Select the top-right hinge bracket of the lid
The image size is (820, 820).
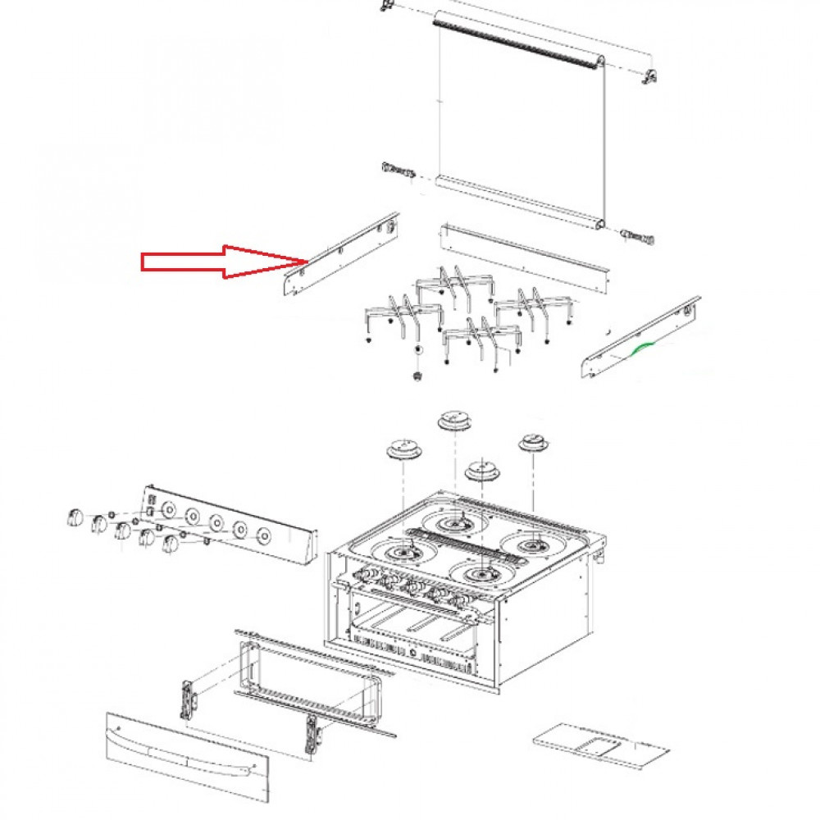click(x=649, y=76)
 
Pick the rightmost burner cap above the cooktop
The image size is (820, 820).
click(x=533, y=443)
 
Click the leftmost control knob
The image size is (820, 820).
click(x=73, y=517)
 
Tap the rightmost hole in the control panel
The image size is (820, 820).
click(x=264, y=535)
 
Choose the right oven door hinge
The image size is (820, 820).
click(x=312, y=734)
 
